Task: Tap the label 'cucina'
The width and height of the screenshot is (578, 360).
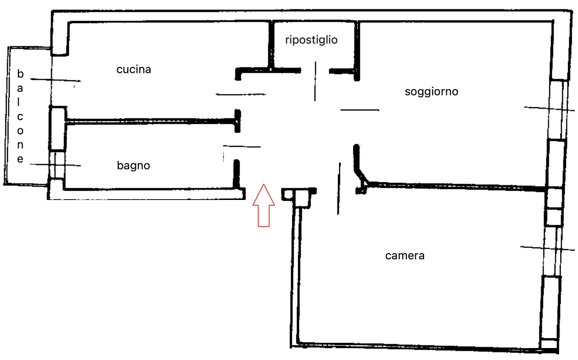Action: point(134,70)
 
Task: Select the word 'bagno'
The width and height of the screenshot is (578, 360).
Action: point(134,166)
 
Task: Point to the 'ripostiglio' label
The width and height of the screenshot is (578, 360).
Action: point(311,40)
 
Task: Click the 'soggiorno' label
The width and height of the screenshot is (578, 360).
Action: point(431,92)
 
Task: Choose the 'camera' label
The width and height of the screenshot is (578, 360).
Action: point(405,255)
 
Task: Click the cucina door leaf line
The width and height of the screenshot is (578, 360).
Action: point(241,94)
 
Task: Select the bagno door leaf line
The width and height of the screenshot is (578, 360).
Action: point(242,146)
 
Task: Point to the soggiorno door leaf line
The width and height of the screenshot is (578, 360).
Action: point(359,110)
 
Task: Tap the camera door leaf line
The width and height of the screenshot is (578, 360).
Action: point(339,188)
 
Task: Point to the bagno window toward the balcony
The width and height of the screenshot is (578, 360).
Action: point(56,164)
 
